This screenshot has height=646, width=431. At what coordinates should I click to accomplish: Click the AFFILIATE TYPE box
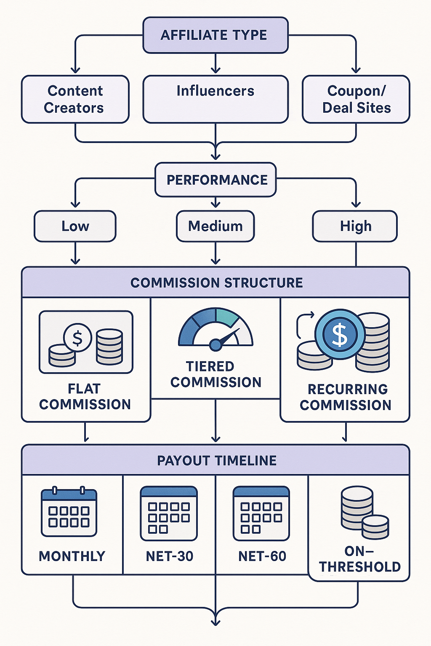pyautogui.click(x=215, y=35)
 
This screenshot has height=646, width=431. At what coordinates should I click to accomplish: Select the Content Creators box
pyautogui.click(x=75, y=99)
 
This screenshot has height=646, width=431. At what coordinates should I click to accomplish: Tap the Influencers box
pyautogui.click(x=215, y=99)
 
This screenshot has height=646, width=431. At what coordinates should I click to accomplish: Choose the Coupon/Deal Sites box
pyautogui.click(x=356, y=99)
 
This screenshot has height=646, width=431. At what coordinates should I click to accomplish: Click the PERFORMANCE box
pyautogui.click(x=215, y=180)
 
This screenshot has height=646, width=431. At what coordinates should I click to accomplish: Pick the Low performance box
pyautogui.click(x=75, y=226)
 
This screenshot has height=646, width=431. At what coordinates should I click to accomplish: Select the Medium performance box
pyautogui.click(x=215, y=226)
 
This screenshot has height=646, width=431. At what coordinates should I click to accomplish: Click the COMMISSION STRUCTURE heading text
pyautogui.click(x=216, y=283)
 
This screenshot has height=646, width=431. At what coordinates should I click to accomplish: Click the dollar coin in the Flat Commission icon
pyautogui.click(x=77, y=338)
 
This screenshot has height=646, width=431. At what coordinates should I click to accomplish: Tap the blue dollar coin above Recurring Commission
pyautogui.click(x=340, y=334)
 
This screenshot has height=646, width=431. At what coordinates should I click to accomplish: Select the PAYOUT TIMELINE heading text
pyautogui.click(x=216, y=461)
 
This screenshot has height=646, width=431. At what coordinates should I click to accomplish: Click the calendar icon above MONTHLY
pyautogui.click(x=69, y=512)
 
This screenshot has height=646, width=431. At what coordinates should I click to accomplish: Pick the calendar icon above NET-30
pyautogui.click(x=169, y=514)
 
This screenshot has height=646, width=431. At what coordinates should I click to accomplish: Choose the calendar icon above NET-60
pyautogui.click(x=261, y=514)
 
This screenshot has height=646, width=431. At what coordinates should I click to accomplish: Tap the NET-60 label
pyautogui.click(x=262, y=556)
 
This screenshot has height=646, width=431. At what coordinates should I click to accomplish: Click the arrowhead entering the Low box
pyautogui.click(x=75, y=204)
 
